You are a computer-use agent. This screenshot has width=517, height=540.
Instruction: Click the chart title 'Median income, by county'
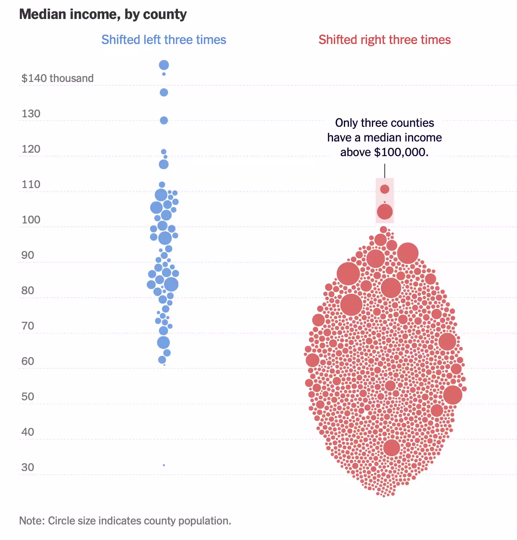click(103, 14)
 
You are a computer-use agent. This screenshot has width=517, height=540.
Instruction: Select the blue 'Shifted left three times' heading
click(164, 40)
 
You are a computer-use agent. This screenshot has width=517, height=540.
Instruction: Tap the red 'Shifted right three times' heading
click(384, 40)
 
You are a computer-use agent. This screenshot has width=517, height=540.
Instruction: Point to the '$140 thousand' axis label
click(57, 78)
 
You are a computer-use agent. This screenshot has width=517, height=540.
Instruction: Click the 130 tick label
click(31, 113)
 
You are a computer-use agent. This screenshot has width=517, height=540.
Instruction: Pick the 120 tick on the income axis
click(31, 149)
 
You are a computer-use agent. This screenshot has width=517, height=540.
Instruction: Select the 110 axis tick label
click(31, 184)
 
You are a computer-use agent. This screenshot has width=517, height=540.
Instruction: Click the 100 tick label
click(31, 220)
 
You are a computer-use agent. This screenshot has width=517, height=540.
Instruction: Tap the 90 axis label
click(28, 255)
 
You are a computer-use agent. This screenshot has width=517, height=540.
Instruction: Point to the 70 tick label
click(28, 326)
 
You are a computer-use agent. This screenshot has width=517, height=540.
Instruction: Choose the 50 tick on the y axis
click(28, 396)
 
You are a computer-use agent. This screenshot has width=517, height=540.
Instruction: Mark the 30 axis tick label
click(28, 467)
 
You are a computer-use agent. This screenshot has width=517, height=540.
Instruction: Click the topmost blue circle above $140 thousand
click(164, 65)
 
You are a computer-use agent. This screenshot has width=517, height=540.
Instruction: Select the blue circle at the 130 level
click(164, 120)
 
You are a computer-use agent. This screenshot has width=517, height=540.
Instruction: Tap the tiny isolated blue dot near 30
click(164, 465)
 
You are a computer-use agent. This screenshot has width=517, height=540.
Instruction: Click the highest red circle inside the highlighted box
click(385, 189)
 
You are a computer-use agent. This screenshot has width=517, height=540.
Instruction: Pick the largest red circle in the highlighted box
click(385, 212)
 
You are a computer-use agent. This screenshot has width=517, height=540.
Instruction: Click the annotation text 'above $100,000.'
click(384, 152)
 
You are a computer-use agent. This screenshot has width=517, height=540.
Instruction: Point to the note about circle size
click(125, 521)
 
